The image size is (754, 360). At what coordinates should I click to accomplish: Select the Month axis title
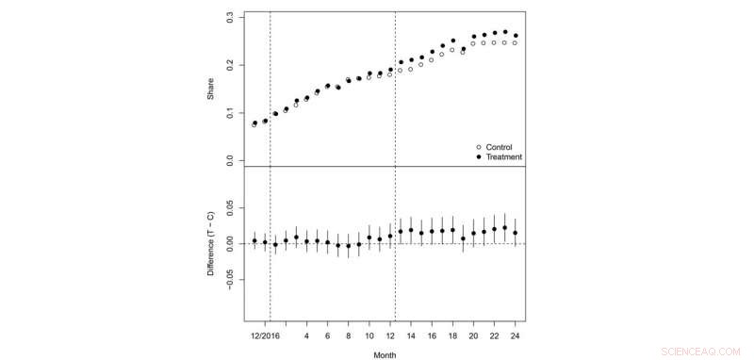pyautogui.click(x=384, y=355)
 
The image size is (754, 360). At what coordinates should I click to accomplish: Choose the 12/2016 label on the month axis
pyautogui.click(x=265, y=334)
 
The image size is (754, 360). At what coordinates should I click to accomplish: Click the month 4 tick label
pyautogui.click(x=306, y=334)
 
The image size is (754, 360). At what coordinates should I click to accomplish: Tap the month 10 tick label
pyautogui.click(x=369, y=334)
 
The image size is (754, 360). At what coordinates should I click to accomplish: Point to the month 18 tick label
pyautogui.click(x=452, y=334)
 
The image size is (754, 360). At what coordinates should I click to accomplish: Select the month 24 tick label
pyautogui.click(x=515, y=334)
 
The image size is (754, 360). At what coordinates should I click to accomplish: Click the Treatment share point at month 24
pyautogui.click(x=515, y=36)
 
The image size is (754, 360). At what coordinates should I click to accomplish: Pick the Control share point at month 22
pyautogui.click(x=494, y=42)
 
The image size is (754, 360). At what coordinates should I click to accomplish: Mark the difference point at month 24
pyautogui.click(x=515, y=233)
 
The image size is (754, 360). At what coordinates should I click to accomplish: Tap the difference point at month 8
pyautogui.click(x=348, y=246)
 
